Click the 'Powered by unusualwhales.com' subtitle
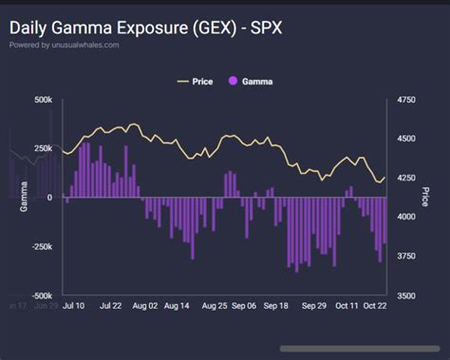pos(65,45)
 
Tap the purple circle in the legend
pos(234,82)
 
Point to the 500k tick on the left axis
pos(43,99)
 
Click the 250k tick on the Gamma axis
pos(43,148)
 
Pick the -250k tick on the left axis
pos(41,246)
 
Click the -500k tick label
pos(41,295)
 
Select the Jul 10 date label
pos(75,307)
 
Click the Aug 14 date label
pos(178,307)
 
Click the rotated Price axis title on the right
pos(427,197)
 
